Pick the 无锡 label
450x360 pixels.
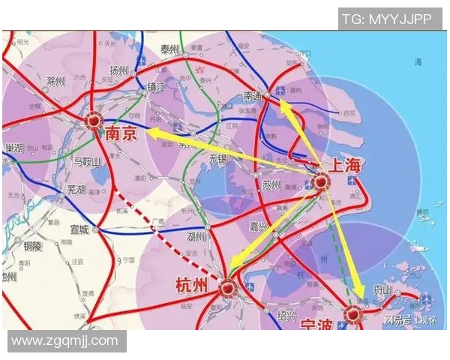[x=217, y=159]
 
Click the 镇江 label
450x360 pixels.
[x=158, y=85]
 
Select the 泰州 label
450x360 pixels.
[x=170, y=49]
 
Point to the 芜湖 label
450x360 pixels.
[x=76, y=188]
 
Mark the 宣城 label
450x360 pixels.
[x=80, y=229]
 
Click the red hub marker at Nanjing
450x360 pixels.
[x=93, y=120]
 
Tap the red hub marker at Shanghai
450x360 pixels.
[x=321, y=181]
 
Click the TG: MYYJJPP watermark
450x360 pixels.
[x=386, y=19]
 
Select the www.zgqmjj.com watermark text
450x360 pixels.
[x=65, y=340]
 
